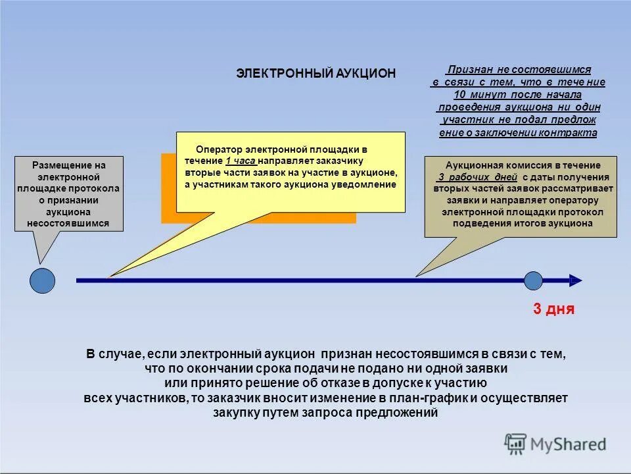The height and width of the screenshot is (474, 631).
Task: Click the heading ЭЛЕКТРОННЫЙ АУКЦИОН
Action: pos(316,73)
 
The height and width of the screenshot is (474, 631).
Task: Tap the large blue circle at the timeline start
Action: pos(43,281)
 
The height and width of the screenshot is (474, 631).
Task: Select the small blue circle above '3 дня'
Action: pos(533,281)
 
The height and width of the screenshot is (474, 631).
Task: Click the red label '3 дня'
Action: pos(553,309)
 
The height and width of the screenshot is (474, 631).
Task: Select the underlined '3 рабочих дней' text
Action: pos(478,178)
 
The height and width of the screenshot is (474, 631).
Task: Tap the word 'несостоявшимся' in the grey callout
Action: pos(68,224)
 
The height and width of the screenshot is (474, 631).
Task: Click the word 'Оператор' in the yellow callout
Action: pos(216,149)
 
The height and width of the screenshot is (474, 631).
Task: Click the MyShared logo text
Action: pos(568,444)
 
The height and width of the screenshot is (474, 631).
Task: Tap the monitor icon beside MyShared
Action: pos(515,444)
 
